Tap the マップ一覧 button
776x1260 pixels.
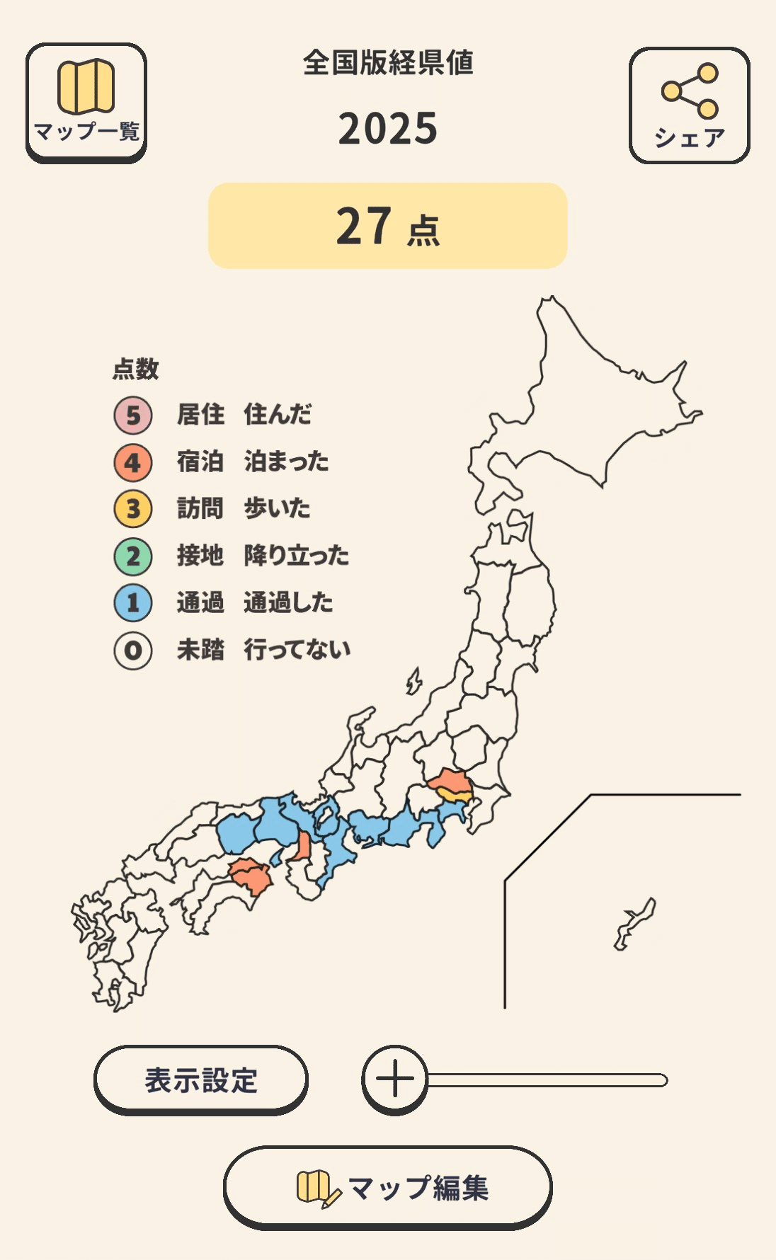tap(86, 102)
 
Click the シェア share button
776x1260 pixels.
tap(689, 105)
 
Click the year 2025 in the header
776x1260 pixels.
tap(388, 129)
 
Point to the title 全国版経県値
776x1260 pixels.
tap(388, 63)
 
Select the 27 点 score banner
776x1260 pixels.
tap(388, 226)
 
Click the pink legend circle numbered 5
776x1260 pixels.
tap(133, 416)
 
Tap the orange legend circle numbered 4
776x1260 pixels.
tap(133, 462)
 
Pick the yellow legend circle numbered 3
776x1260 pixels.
tap(133, 509)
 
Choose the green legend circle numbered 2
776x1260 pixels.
tap(133, 556)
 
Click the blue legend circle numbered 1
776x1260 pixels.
tap(133, 603)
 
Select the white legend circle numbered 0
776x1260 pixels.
tap(133, 651)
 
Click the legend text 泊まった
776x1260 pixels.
tap(286, 462)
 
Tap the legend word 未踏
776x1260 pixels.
tap(200, 650)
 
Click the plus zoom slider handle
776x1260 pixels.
tap(395, 1079)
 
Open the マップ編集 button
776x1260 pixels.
tap(388, 1187)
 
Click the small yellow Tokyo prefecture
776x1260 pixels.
tap(453, 795)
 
